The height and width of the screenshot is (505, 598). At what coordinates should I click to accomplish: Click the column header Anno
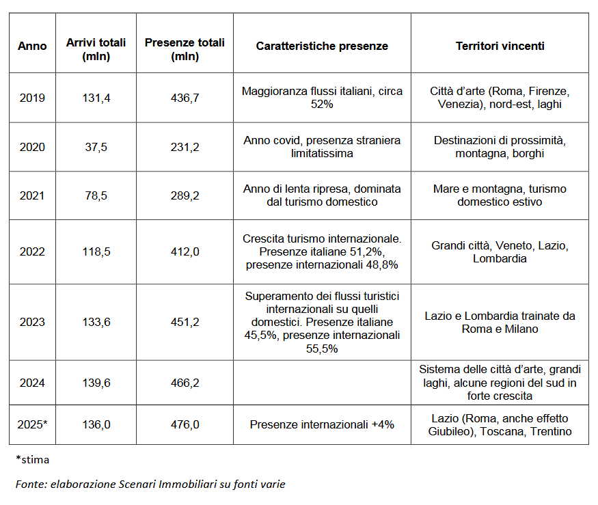(x=32, y=46)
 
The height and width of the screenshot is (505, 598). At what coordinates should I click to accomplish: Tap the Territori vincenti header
(x=500, y=46)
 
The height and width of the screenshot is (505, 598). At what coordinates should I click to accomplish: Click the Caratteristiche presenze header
(x=322, y=46)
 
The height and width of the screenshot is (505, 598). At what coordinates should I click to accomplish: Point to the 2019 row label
(x=32, y=98)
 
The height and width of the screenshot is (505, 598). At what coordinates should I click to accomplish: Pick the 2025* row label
(x=32, y=424)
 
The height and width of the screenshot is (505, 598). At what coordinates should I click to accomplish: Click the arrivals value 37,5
(x=96, y=147)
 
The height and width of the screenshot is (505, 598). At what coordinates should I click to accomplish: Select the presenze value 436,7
(x=185, y=98)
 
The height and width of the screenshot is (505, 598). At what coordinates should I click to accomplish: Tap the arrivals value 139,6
(x=96, y=383)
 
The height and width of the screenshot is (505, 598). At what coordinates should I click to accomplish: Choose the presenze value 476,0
(x=185, y=424)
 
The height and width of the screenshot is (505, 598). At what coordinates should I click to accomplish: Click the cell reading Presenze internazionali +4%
(x=322, y=424)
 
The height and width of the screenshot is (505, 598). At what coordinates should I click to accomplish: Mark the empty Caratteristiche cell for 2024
(x=322, y=383)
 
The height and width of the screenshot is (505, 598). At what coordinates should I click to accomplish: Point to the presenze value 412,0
(x=185, y=251)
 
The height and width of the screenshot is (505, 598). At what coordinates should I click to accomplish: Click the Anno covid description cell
(x=322, y=147)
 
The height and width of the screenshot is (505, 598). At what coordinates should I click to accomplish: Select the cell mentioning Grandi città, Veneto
(x=500, y=251)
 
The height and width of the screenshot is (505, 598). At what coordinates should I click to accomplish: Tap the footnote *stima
(x=32, y=459)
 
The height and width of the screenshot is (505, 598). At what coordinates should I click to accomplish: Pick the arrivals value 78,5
(x=96, y=195)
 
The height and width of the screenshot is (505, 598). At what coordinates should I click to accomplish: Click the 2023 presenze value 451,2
(x=185, y=322)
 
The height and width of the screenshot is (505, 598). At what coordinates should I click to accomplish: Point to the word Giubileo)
(x=451, y=431)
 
